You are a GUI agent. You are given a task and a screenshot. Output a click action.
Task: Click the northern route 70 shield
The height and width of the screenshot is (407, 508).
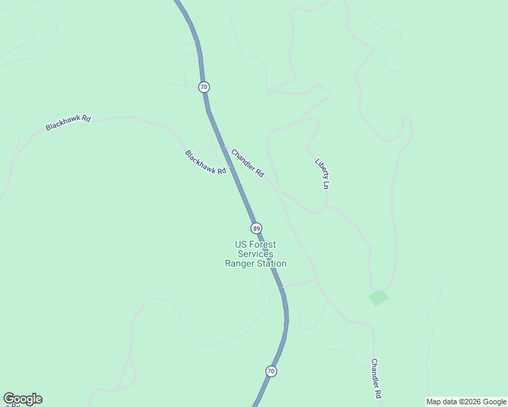(204, 87)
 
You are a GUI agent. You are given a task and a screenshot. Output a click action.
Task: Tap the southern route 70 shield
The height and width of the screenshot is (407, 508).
(271, 371)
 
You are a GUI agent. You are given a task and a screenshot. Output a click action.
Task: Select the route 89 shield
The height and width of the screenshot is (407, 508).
(255, 228)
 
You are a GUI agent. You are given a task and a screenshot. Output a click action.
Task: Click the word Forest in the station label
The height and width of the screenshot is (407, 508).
(263, 245)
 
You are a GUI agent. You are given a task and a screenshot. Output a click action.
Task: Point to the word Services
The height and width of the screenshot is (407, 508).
(255, 254)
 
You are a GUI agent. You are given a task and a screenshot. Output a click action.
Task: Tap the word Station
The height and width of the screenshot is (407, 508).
(271, 264)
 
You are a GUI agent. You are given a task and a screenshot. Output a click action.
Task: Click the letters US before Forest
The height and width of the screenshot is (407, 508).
(240, 245)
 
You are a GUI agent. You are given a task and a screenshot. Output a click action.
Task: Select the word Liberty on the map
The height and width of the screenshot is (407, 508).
(321, 168)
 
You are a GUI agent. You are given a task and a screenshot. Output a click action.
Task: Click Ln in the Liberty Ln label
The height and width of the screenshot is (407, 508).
(327, 184)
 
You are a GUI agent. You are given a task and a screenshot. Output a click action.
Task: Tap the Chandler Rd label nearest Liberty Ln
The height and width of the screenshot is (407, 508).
(247, 163)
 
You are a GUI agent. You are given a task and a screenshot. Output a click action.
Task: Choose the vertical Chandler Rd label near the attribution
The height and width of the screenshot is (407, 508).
(375, 378)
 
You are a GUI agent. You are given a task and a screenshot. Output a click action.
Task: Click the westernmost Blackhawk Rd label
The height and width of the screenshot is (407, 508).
(68, 123)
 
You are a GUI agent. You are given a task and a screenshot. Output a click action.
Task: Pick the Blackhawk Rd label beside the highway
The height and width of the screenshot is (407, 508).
(205, 163)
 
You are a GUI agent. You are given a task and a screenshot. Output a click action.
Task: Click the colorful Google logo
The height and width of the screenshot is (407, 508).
(22, 399)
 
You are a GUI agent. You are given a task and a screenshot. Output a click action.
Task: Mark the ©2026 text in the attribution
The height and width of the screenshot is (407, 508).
(469, 402)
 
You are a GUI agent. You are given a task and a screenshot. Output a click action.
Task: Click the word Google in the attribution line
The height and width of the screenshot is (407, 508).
(494, 402)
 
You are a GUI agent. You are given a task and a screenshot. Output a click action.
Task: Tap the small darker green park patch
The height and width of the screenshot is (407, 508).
(378, 298)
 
